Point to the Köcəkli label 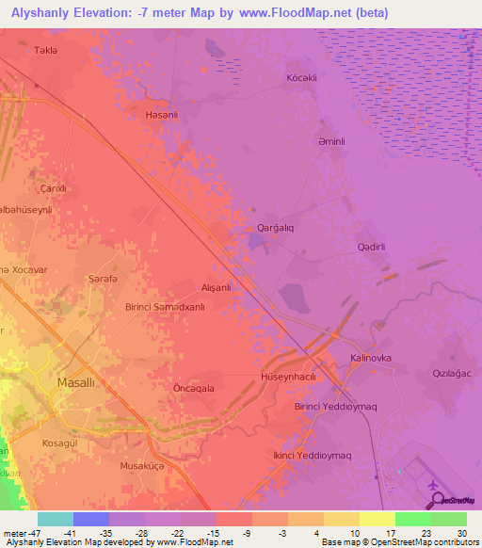click(301, 77)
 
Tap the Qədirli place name click(373, 246)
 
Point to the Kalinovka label click(370, 359)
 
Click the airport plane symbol click(432, 485)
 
